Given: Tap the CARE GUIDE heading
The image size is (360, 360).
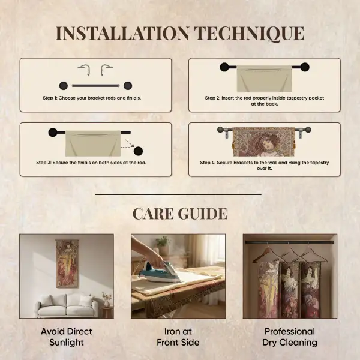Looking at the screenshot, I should point(179,213).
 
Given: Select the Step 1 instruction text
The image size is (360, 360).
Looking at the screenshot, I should point(92,98).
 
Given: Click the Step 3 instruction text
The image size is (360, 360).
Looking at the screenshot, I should point(95,163).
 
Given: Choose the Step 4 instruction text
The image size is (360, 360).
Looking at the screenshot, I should point(265,165).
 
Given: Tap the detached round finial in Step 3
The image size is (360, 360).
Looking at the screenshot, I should point(139,151).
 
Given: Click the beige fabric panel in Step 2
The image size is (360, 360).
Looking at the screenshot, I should point(265,78).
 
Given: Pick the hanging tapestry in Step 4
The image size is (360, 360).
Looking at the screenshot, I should point(265,142).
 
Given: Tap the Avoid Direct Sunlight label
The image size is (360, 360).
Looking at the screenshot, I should point(66,337).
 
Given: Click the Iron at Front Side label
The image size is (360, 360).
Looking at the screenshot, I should point(178,337).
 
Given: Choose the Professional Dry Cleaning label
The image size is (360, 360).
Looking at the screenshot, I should point(290,337).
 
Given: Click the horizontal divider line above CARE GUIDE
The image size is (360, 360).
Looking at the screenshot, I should point(179,194).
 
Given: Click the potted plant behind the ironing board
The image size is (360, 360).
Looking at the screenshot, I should point(163,245).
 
